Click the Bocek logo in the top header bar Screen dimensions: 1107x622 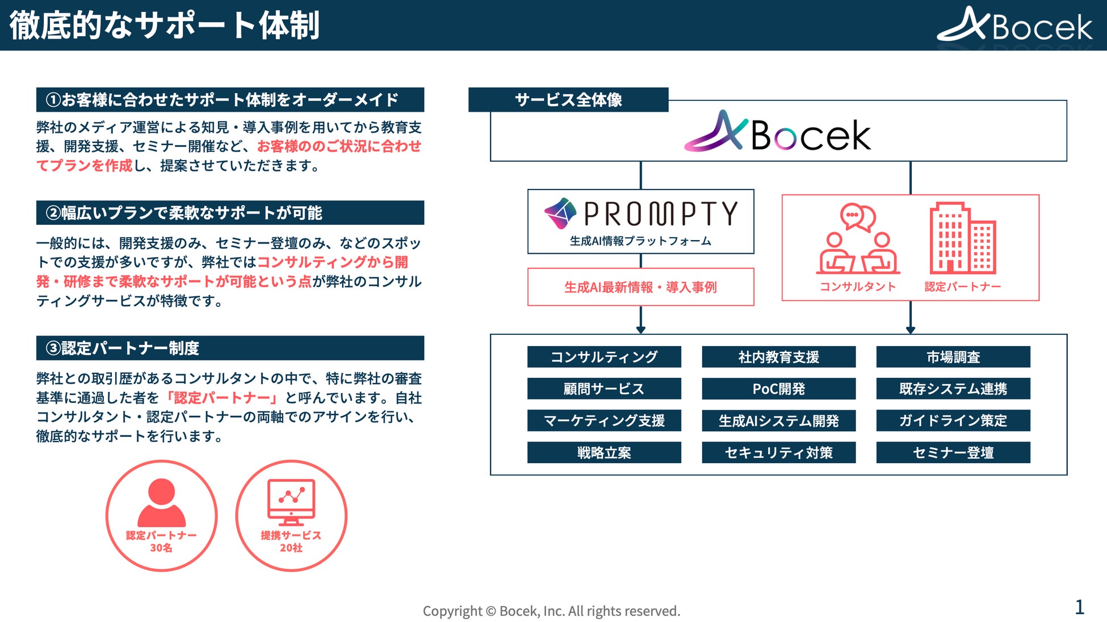pyautogui.click(x=1014, y=25)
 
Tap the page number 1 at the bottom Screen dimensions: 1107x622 pyautogui.click(x=1079, y=607)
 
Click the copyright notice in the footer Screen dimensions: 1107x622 pyautogui.click(x=551, y=611)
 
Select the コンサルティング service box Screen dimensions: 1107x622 pyautogui.click(x=604, y=357)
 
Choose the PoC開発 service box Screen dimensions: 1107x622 pyautogui.click(x=778, y=389)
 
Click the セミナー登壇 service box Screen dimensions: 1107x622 pyautogui.click(x=953, y=452)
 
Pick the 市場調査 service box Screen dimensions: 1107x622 pyautogui.click(x=953, y=357)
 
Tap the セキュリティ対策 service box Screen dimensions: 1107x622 pyautogui.click(x=778, y=452)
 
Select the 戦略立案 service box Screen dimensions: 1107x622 pyautogui.click(x=604, y=452)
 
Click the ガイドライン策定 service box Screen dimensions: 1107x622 pyautogui.click(x=953, y=421)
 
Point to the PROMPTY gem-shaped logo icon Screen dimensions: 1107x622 pyautogui.click(x=560, y=214)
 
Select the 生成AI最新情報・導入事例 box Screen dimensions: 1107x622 pyautogui.click(x=640, y=287)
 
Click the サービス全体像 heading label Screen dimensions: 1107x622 pyautogui.click(x=568, y=100)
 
